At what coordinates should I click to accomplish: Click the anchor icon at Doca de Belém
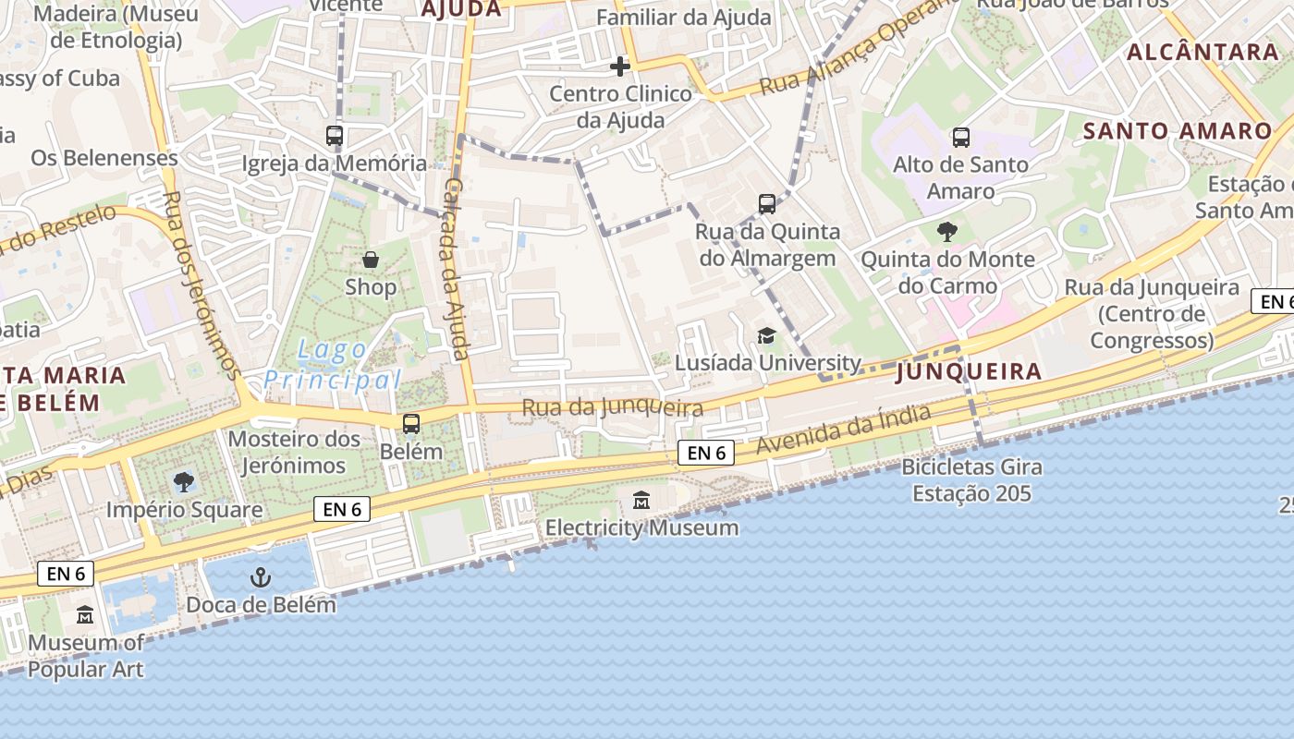(x=262, y=578)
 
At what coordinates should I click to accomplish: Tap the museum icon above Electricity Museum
(x=641, y=501)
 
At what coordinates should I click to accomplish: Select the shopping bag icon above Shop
(x=371, y=260)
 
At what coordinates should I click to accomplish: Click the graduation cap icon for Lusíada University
(x=766, y=335)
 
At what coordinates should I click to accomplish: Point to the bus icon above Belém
(x=411, y=424)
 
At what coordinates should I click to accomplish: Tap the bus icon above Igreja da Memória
(x=335, y=136)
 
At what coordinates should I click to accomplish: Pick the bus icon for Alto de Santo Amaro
(x=961, y=138)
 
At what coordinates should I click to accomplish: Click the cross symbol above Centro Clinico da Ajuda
(x=620, y=66)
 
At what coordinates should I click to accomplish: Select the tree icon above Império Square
(x=184, y=481)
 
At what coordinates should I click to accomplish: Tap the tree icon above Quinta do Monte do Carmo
(x=947, y=232)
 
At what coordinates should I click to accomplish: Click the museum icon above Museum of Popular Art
(x=85, y=614)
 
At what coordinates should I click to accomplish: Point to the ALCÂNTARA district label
(x=1202, y=52)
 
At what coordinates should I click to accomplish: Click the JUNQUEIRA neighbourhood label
(x=969, y=371)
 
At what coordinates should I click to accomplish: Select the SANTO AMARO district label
(x=1178, y=131)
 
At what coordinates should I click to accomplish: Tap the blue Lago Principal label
(x=333, y=366)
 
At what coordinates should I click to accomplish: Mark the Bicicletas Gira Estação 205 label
(x=971, y=480)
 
